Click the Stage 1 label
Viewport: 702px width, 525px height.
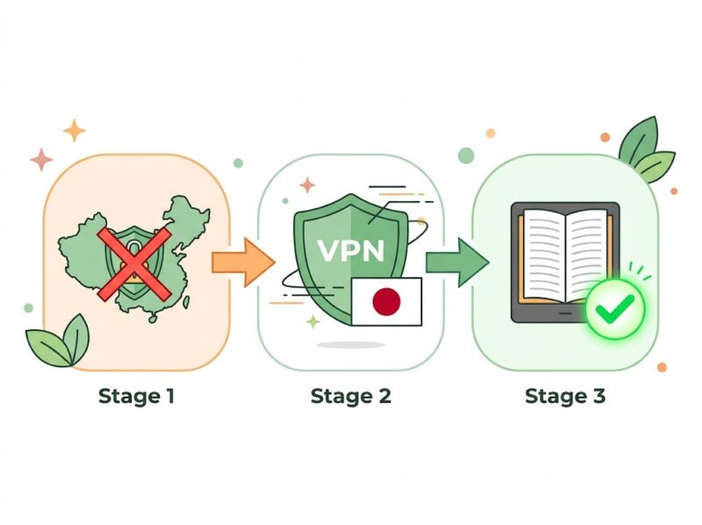pos(136,396)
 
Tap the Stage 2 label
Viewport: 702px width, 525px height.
pos(350,396)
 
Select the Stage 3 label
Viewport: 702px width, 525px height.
pos(564,396)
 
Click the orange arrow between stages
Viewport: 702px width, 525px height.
pos(241,261)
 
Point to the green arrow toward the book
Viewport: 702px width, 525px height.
pos(456,261)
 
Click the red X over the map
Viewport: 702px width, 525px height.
pos(134,260)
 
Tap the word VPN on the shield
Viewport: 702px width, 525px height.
pos(350,249)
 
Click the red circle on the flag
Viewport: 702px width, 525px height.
pos(386,302)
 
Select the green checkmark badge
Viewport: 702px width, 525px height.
pos(615,309)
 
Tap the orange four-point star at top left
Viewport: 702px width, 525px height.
pos(75,131)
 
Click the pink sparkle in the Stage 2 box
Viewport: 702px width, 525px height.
pos(307,185)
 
